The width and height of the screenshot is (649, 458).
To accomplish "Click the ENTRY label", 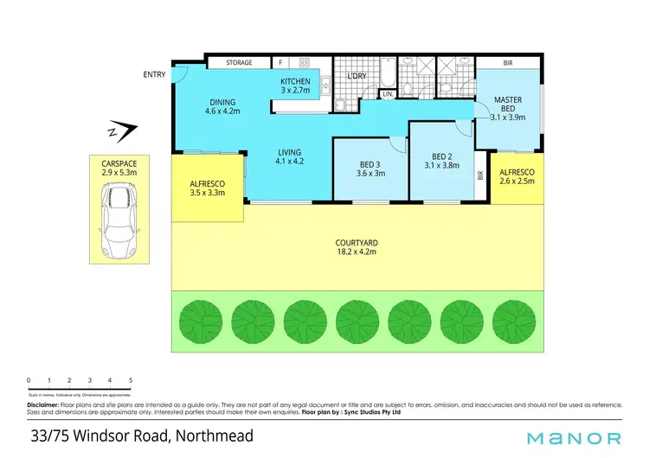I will (x=154, y=75).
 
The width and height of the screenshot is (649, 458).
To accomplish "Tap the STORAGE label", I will (x=239, y=63).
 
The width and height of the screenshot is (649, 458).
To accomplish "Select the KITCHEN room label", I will (x=295, y=82).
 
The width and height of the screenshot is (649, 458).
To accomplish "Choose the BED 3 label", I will (x=371, y=166).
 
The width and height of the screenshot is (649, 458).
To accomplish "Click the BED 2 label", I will (x=441, y=157).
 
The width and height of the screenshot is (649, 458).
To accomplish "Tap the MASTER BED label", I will (x=507, y=100).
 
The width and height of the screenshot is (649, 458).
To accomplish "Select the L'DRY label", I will (x=357, y=77).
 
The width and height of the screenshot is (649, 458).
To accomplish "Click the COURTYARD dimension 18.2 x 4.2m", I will (x=357, y=252).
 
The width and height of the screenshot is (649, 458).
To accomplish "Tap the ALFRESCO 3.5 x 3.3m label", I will (x=208, y=189).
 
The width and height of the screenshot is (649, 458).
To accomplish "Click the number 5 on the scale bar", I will (x=131, y=380).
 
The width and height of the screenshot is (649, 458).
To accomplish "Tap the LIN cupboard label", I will (x=388, y=93).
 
